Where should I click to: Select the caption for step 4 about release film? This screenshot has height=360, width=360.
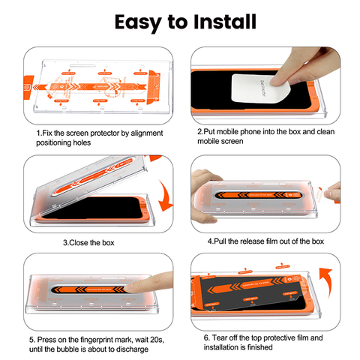point(265,241)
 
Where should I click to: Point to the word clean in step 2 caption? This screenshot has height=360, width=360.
point(314,132)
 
